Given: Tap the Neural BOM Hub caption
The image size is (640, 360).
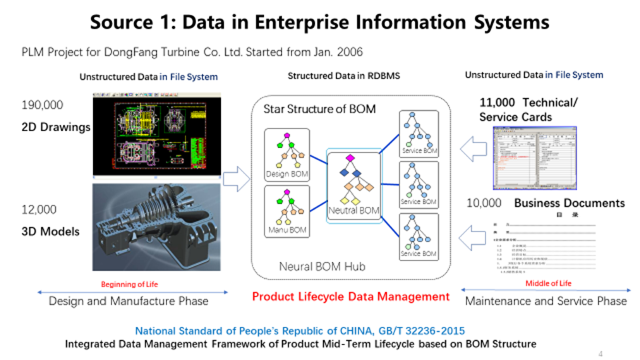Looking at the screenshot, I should pyautogui.click(x=318, y=268).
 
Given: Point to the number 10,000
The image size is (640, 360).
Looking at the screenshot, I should pyautogui.click(x=484, y=203).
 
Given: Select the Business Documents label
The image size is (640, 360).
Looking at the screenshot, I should pyautogui.click(x=569, y=203).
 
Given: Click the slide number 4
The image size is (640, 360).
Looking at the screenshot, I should pyautogui.click(x=600, y=353).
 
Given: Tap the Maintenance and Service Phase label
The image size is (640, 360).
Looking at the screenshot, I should pyautogui.click(x=545, y=301).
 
